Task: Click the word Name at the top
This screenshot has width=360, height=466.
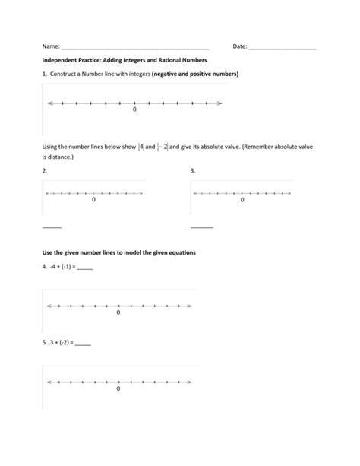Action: (50, 46)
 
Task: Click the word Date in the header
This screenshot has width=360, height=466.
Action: (239, 46)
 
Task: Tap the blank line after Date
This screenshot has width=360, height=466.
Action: (282, 49)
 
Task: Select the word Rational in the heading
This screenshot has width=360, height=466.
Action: (171, 60)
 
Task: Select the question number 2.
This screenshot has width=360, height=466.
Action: (45, 171)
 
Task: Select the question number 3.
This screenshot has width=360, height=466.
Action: (193, 171)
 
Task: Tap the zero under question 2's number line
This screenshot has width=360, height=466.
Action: (94, 201)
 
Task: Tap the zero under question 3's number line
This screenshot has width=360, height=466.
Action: (242, 201)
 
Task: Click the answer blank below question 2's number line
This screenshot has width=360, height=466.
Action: (52, 227)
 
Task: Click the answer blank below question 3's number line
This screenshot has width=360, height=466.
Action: (201, 227)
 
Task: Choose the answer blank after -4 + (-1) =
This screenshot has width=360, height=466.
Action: (84, 268)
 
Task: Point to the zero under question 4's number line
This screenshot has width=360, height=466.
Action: (118, 312)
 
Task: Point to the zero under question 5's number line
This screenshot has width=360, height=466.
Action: (118, 388)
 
